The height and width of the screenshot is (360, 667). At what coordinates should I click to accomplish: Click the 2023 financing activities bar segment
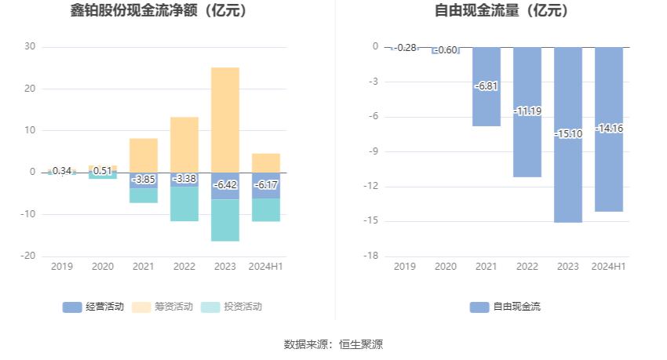point(225,118)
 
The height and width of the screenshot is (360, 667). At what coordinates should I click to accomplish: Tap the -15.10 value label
point(568,134)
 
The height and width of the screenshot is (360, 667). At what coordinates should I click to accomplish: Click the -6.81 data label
point(487,86)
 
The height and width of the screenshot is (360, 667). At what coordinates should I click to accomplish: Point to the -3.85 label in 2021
point(144,180)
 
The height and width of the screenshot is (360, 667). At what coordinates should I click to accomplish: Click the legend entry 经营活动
point(93,307)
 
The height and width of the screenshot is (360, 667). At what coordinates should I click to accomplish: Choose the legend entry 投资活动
point(231,307)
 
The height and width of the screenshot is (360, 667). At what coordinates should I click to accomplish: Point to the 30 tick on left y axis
point(30,46)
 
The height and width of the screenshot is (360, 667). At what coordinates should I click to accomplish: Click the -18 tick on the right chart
point(371,256)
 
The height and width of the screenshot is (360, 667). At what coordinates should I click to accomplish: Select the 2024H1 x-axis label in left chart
point(266,267)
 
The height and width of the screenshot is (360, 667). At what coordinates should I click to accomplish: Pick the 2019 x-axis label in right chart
point(405,267)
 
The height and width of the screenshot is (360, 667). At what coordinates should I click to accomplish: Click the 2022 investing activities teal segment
point(184,204)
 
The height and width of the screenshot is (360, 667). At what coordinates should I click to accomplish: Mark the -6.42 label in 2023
point(225,185)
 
